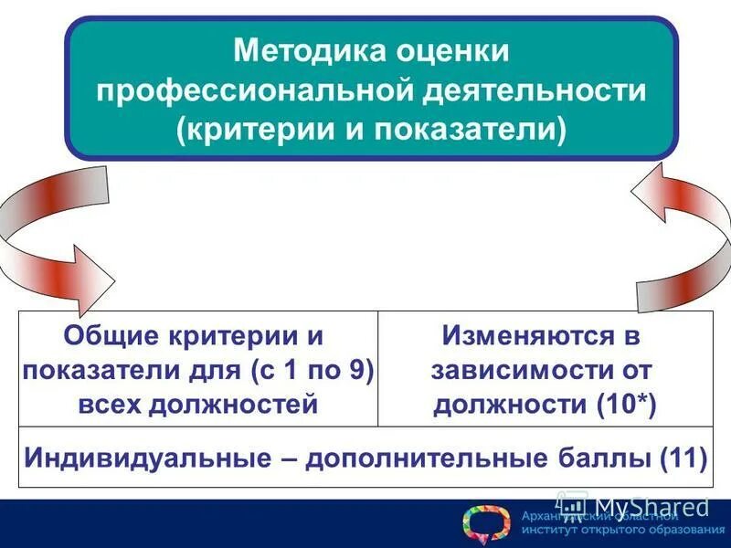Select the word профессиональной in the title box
[x=250, y=90]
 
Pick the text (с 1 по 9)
[x=311, y=370]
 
